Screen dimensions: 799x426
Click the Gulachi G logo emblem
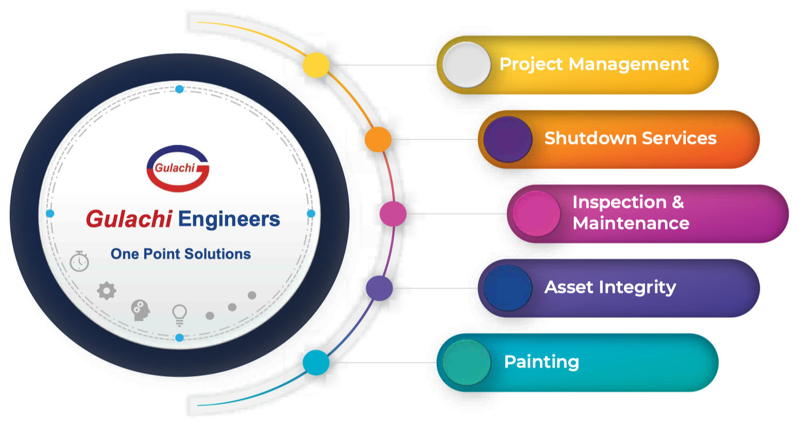click(178, 168)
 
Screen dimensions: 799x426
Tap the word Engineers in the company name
click(229, 219)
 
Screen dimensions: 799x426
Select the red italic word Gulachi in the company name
click(129, 219)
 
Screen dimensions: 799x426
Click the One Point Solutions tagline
click(181, 254)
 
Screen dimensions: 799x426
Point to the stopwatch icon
click(79, 261)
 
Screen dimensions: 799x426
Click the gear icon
click(107, 291)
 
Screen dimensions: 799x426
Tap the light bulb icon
click(179, 315)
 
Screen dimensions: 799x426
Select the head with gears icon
click(140, 310)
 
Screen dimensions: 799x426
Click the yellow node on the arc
click(316, 65)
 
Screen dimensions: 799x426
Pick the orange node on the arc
click(378, 139)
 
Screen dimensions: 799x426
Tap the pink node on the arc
click(393, 214)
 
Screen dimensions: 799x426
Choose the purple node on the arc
click(379, 288)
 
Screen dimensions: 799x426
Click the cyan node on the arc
click(316, 363)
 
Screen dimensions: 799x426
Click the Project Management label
click(594, 64)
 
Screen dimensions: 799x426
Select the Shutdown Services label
click(630, 138)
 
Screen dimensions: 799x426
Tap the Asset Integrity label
click(610, 287)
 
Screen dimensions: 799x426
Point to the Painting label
click(541, 362)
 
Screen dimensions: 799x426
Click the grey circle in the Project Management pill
click(467, 65)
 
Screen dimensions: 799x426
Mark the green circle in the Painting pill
click(467, 363)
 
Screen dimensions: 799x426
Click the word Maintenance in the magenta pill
click(631, 224)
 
